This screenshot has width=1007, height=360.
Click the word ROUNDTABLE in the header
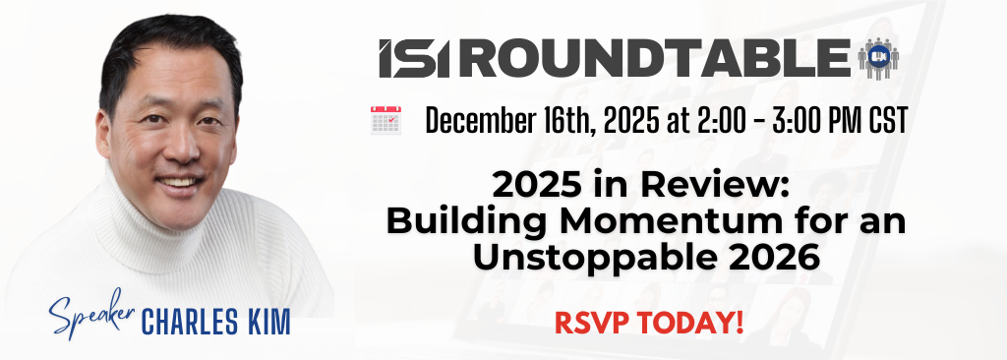656,58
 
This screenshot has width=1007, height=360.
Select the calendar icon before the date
385,120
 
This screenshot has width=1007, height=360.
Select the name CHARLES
190,322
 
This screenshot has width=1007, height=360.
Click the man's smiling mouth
176,183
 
